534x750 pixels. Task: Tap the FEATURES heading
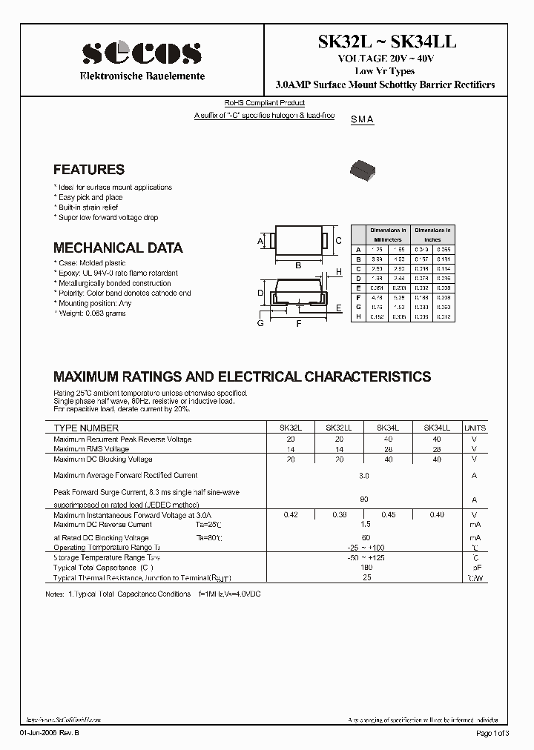click(x=89, y=170)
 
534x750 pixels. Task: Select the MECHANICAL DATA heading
click(x=118, y=248)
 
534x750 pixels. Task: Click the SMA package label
click(x=362, y=119)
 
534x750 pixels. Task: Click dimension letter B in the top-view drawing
click(x=297, y=265)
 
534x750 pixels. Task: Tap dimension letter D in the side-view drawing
click(x=261, y=293)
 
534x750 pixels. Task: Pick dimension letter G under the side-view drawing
click(x=261, y=323)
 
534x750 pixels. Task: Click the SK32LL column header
click(x=339, y=428)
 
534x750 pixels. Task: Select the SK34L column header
click(x=388, y=428)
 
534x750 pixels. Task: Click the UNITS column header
click(x=475, y=428)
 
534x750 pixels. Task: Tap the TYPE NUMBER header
click(x=86, y=428)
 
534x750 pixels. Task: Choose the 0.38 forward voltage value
click(x=339, y=515)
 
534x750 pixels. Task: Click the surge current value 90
click(x=363, y=500)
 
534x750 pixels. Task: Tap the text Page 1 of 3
click(x=492, y=733)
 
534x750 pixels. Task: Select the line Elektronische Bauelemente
click(x=142, y=76)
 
